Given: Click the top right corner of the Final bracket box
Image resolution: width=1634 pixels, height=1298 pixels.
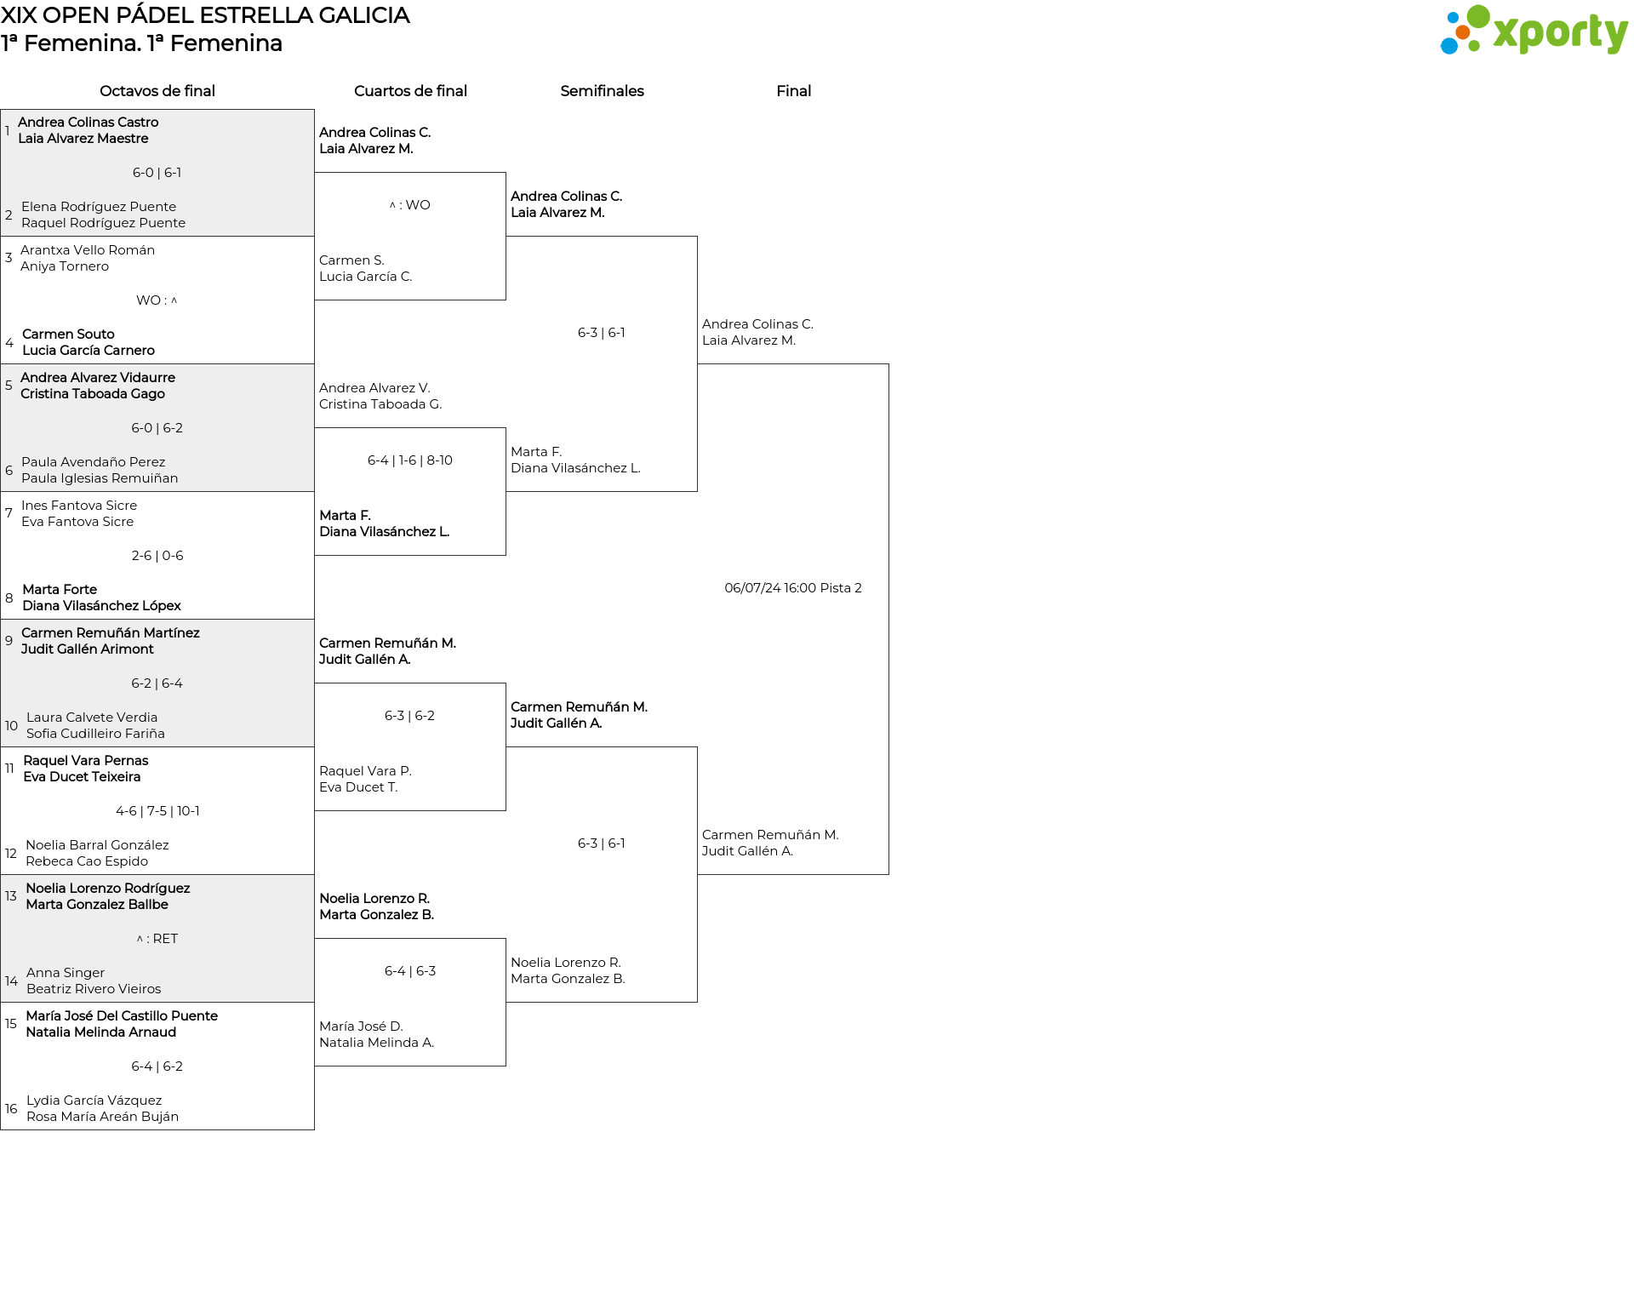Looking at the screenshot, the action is point(888,364).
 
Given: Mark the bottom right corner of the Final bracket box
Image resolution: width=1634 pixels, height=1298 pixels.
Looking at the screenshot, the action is point(888,874).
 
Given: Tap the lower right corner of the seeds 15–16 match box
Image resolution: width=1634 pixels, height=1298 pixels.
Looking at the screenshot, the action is point(314,1129).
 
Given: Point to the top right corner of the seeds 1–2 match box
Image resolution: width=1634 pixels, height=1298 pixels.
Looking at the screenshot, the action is point(314,109).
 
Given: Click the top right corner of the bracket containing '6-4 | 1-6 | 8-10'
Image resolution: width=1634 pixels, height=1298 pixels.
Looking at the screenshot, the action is point(506,428).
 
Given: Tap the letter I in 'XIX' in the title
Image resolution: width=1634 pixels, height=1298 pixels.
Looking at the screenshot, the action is point(15,15).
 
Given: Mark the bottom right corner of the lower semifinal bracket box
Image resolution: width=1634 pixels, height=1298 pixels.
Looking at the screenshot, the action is point(697,1002).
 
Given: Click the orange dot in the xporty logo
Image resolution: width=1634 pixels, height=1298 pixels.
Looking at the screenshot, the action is point(1463,33).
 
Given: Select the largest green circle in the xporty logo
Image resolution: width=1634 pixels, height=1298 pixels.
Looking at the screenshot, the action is point(1478,16).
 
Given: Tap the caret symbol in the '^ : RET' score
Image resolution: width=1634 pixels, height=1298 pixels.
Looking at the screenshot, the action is point(140,939).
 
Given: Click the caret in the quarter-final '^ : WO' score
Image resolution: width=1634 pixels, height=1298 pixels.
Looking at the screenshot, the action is point(392,205).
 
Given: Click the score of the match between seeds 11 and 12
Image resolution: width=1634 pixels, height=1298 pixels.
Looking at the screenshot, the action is point(157,811).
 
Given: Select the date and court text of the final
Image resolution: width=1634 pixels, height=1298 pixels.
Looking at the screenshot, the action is point(793,588).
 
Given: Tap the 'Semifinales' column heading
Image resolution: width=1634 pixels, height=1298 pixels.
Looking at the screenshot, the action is point(602,91).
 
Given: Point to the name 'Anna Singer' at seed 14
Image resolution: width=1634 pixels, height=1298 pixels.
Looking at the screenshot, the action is point(66,973).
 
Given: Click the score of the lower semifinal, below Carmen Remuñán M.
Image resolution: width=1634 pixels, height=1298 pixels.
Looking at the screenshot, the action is point(602,843).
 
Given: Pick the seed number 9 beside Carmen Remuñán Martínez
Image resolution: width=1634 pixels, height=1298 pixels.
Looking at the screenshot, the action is point(9,641).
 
